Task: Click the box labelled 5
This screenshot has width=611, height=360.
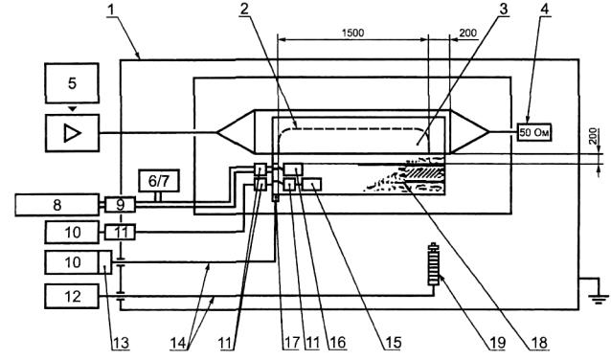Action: click(72, 83)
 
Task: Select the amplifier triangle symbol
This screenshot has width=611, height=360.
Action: click(73, 133)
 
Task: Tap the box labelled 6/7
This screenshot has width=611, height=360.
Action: click(159, 181)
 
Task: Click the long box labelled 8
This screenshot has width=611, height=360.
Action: click(57, 205)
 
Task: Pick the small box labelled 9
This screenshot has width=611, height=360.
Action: click(120, 205)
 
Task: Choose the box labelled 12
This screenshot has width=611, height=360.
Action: click(72, 297)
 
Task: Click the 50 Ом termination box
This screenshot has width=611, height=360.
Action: click(534, 132)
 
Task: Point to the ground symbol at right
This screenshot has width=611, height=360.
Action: click(600, 299)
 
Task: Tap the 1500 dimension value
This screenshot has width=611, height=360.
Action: click(353, 33)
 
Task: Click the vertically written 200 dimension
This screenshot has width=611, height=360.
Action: click(593, 136)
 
